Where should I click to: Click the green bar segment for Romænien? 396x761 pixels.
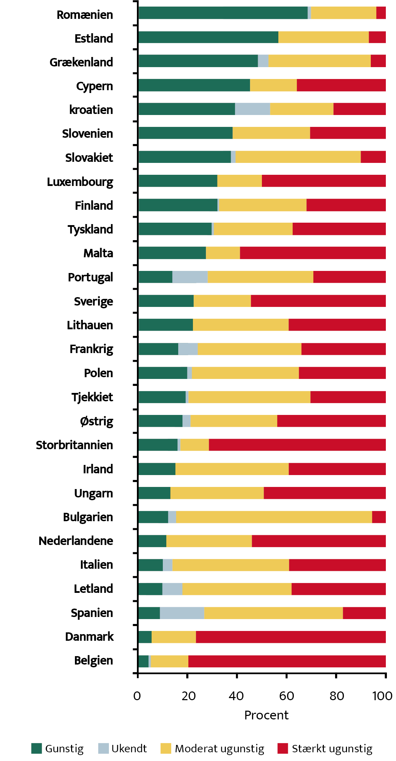(223, 13)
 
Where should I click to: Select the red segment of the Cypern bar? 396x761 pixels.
(341, 85)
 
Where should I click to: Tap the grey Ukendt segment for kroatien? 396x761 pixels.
(252, 109)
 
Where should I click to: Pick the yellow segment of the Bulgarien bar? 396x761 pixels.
(274, 517)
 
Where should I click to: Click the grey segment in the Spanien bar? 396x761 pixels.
(182, 613)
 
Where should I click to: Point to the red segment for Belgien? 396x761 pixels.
(287, 661)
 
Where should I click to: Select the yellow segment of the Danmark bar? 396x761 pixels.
(174, 637)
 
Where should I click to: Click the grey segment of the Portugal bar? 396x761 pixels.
(190, 277)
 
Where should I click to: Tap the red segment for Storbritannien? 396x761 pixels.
(297, 445)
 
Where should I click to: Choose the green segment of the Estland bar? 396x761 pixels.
(208, 37)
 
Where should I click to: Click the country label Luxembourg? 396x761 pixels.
(80, 182)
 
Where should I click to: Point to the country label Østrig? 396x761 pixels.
(97, 421)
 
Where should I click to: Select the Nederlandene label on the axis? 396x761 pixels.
(76, 541)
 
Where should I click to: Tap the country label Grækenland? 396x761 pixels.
(81, 62)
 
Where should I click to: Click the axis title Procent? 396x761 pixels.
(266, 715)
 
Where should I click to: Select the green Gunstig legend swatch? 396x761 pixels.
(36, 748)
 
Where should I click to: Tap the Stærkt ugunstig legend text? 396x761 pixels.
(332, 748)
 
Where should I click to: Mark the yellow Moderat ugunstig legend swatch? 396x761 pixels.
(166, 748)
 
